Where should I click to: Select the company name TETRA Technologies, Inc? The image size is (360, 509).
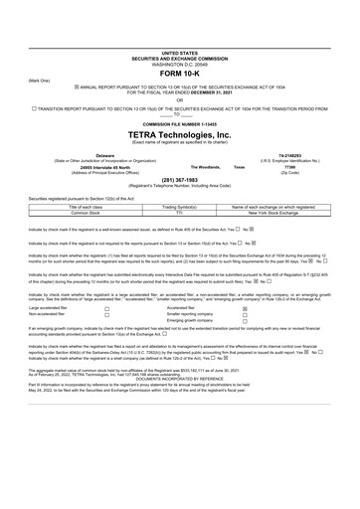tap(179, 133)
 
